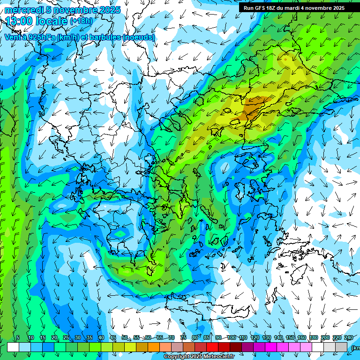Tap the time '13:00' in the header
(19, 21)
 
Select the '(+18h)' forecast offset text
(81, 21)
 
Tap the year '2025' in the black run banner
(337, 8)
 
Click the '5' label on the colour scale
(18, 337)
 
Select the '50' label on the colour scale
(125, 337)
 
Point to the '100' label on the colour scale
(231, 337)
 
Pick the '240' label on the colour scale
(349, 337)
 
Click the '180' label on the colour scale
(313, 337)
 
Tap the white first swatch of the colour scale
(13, 347)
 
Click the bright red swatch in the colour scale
(212, 347)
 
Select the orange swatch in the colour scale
(154, 347)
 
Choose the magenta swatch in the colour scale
(271, 347)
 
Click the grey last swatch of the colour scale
(341, 347)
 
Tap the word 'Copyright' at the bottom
(177, 357)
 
